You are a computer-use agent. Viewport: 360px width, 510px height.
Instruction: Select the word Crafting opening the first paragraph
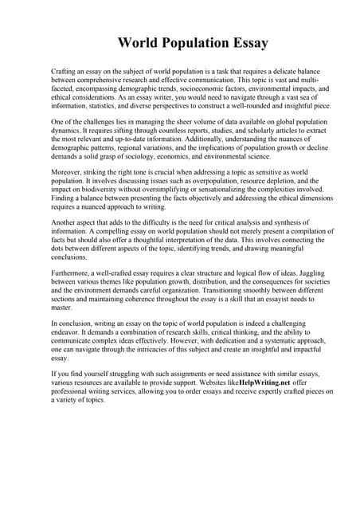[65, 72]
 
